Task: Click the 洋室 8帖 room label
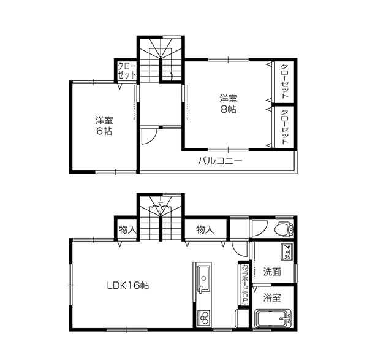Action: pos(228,104)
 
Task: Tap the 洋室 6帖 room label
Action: pos(104,126)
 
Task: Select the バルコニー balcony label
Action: pos(220,161)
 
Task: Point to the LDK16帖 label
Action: pos(128,286)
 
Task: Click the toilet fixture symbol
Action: pos(284,229)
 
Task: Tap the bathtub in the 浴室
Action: pos(273,318)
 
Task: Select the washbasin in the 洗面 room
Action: pos(287,252)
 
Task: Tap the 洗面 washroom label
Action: pos(272,272)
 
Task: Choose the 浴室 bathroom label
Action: pos(272,297)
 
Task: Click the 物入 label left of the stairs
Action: pos(127,229)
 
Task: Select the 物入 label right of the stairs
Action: pos(205,229)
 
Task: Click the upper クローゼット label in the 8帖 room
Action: pos(284,81)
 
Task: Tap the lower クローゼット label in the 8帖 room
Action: pos(284,127)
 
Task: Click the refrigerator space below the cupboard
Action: pos(241,318)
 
